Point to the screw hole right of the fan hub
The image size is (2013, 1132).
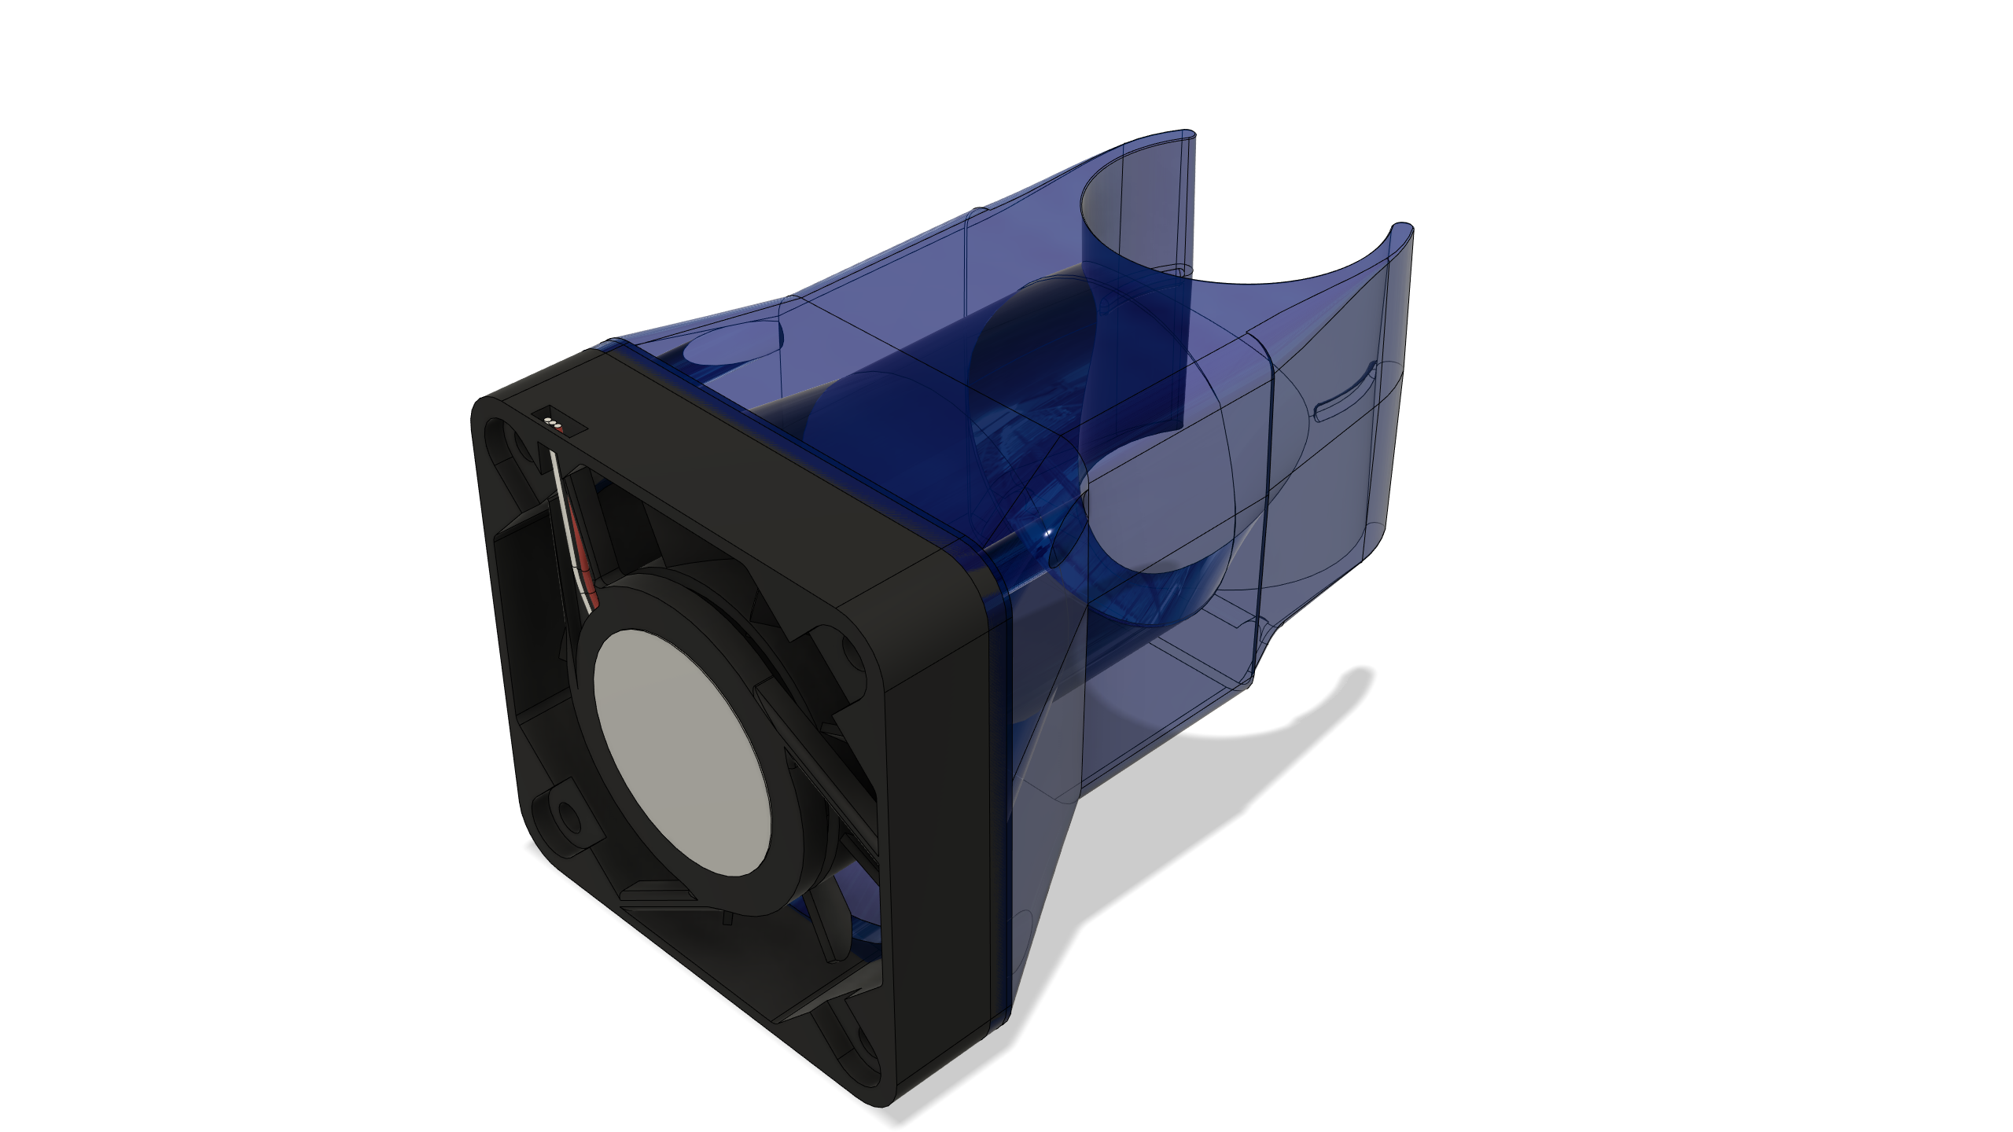coord(849,649)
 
